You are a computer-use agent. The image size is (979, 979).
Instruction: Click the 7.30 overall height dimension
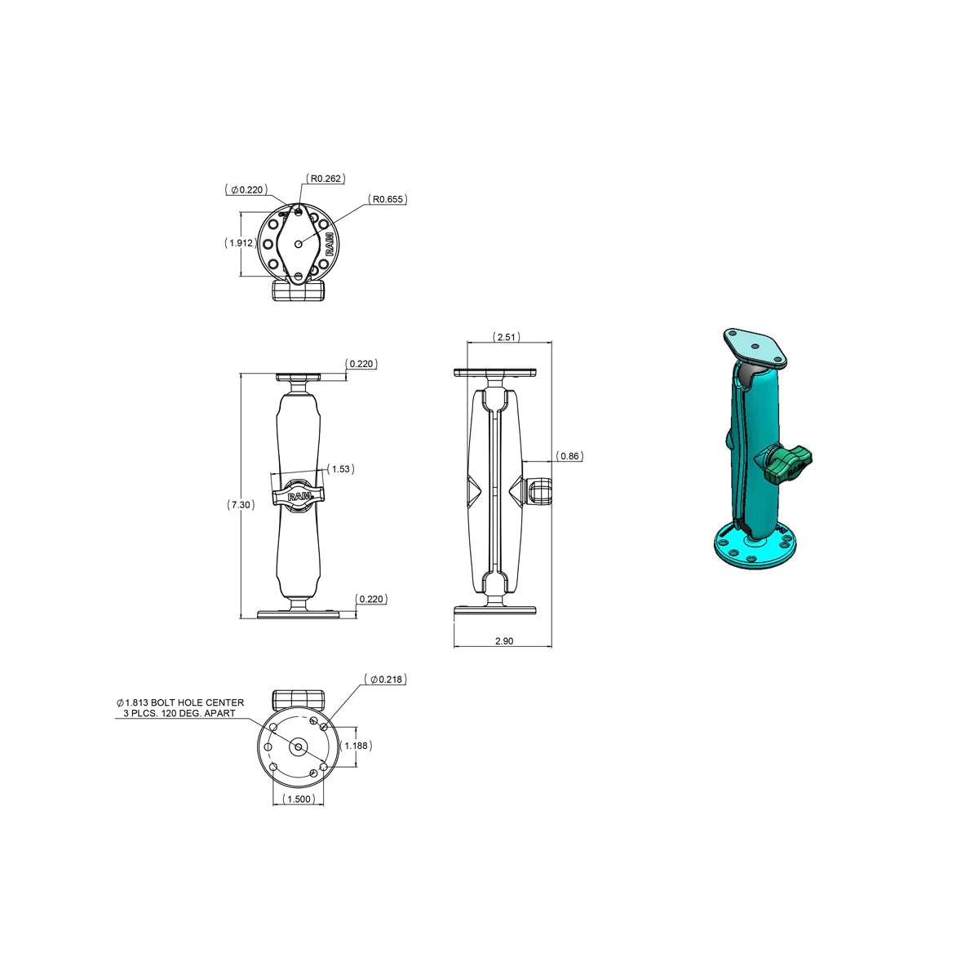pos(241,504)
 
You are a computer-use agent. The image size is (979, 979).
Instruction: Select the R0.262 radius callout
pos(326,179)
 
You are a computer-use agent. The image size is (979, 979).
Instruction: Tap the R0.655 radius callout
pos(388,199)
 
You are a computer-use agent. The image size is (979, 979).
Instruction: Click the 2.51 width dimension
pos(506,337)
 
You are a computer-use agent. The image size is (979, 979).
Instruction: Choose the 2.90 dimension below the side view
pos(504,641)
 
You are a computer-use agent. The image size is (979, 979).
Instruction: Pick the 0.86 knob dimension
pos(569,456)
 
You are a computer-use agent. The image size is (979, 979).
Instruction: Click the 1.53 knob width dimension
pos(340,469)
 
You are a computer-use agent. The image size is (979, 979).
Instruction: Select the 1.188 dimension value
pos(356,746)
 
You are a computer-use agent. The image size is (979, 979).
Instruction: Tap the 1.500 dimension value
pos(299,800)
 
